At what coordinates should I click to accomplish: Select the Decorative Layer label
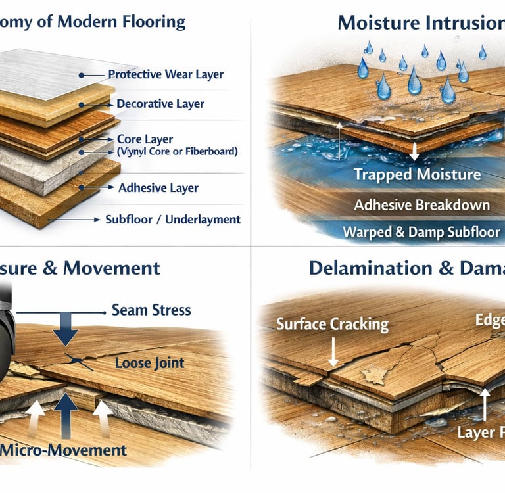pos(160,104)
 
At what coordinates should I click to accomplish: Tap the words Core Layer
pos(144,139)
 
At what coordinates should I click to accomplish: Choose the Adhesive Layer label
pos(158,188)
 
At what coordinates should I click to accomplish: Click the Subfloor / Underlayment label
pos(172,219)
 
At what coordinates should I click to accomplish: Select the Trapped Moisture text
pos(417,175)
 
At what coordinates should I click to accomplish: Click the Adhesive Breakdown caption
pos(421,204)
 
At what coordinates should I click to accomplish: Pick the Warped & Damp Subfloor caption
pos(421,232)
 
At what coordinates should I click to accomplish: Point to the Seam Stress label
pos(151,310)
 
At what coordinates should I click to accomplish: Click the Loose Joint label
pos(149,362)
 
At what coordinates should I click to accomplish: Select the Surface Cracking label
pos(332,324)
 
